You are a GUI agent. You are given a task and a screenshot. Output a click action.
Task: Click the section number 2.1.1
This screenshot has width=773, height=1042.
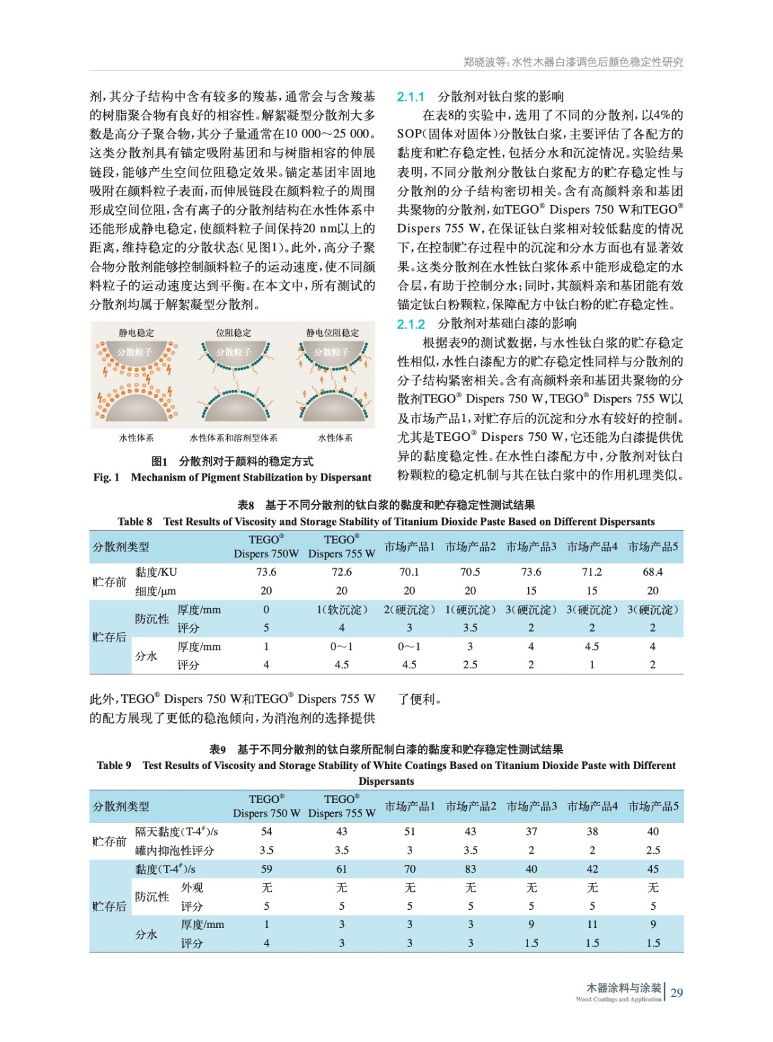click(410, 97)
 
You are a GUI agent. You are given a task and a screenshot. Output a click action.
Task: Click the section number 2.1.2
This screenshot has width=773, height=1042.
click(410, 324)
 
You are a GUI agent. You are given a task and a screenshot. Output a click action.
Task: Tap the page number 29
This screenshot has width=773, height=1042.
click(677, 993)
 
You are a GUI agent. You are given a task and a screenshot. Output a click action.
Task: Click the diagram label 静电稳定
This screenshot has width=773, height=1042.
click(136, 333)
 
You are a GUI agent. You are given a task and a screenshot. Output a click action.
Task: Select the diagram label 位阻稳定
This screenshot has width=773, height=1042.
click(233, 333)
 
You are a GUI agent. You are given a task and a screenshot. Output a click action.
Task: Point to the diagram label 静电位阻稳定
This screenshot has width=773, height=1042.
click(332, 333)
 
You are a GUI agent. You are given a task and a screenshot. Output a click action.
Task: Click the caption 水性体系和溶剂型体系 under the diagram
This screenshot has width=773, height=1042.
click(233, 438)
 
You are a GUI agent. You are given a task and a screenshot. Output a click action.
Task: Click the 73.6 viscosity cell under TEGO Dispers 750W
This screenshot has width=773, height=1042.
click(266, 572)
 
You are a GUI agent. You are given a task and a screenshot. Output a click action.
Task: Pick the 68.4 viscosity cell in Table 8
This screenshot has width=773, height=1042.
click(653, 572)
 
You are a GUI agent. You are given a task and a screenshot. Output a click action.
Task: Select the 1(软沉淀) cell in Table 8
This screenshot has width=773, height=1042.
click(341, 610)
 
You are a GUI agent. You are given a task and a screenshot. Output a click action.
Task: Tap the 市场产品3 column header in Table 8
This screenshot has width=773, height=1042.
click(531, 546)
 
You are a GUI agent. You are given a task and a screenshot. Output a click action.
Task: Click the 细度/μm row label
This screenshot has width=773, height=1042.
click(156, 591)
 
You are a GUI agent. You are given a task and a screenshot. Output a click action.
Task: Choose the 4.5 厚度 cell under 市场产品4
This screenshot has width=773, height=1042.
click(591, 647)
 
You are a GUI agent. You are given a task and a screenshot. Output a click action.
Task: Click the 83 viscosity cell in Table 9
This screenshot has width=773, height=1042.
click(470, 869)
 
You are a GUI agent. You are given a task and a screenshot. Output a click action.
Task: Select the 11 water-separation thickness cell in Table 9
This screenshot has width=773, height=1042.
click(592, 924)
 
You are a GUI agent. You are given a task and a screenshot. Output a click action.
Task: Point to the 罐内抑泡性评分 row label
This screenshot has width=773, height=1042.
click(175, 851)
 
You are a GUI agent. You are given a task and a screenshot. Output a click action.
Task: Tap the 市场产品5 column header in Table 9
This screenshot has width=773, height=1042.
click(653, 806)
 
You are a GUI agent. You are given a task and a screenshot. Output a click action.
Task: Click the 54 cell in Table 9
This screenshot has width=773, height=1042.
click(266, 832)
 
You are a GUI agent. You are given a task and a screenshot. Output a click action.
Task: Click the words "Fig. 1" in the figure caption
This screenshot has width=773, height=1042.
click(106, 477)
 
